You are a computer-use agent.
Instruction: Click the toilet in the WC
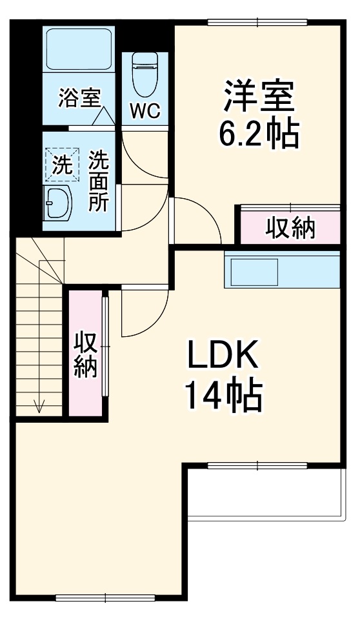pyautogui.click(x=144, y=72)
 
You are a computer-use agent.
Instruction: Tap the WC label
pyautogui.click(x=145, y=110)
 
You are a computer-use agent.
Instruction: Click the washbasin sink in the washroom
pyautogui.click(x=57, y=204)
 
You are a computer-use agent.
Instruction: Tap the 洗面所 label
pyautogui.click(x=99, y=181)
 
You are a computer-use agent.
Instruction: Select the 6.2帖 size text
pyautogui.click(x=259, y=134)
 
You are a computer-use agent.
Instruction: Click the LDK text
pyautogui.click(x=223, y=354)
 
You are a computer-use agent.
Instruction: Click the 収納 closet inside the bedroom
pyautogui.click(x=290, y=227)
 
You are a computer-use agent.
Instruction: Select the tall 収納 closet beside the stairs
pyautogui.click(x=85, y=354)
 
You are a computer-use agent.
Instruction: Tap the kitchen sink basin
pyautogui.click(x=251, y=272)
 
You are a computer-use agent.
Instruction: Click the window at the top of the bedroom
pyautogui.click(x=256, y=23)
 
